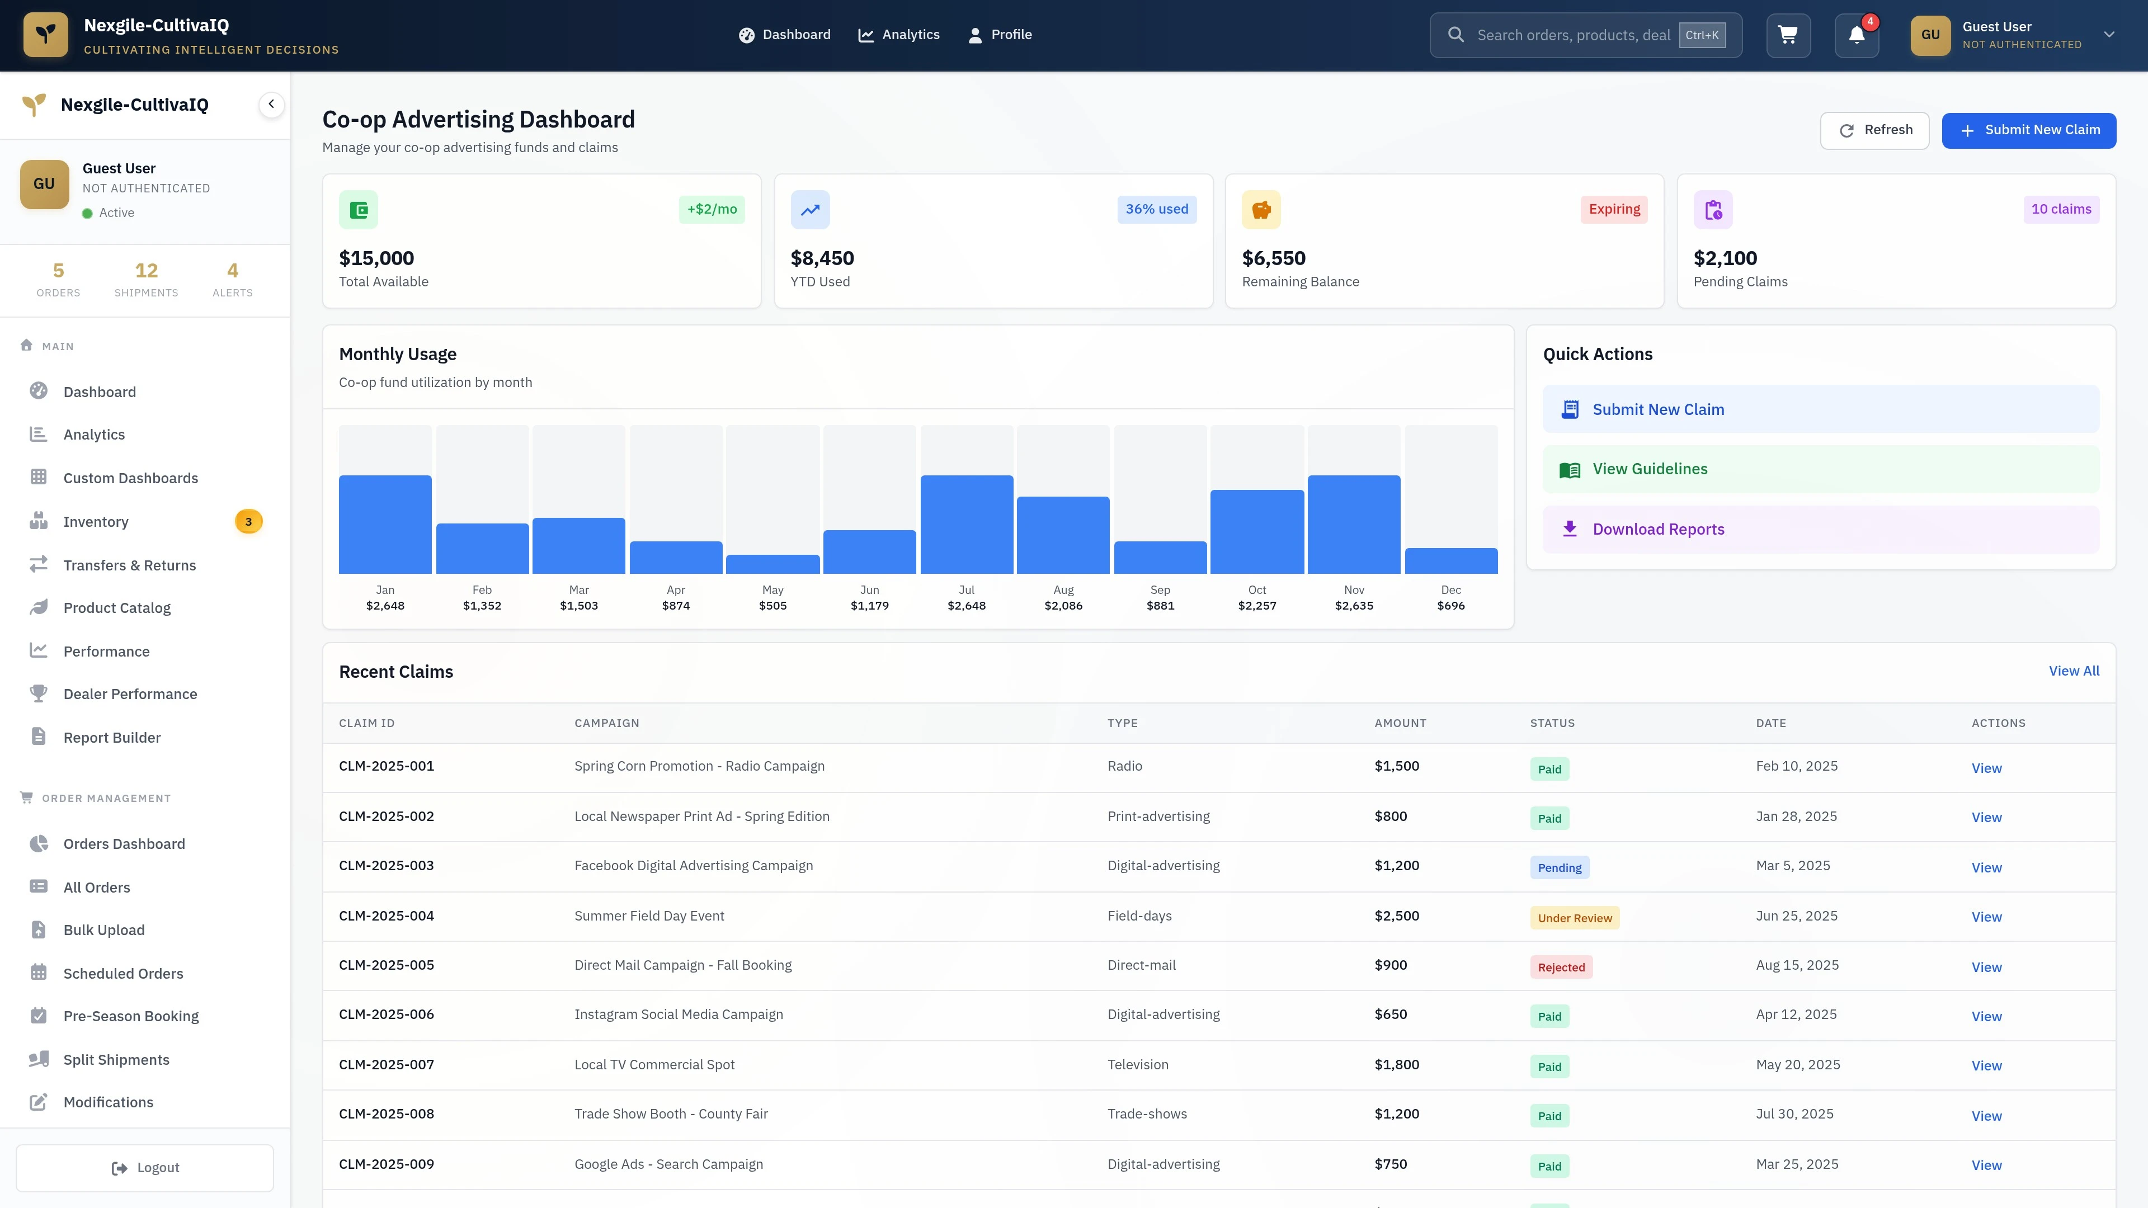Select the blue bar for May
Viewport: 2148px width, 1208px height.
tap(772, 564)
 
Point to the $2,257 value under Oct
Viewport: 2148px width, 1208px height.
tap(1256, 606)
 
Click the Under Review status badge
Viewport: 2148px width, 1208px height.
tap(1574, 918)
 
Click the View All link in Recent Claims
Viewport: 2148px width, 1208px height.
tap(2073, 671)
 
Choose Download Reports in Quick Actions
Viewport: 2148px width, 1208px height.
tap(1657, 530)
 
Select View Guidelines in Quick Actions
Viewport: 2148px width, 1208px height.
tap(1650, 469)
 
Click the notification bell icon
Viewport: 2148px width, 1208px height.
tap(1856, 35)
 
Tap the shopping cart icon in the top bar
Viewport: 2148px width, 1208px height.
tap(1788, 35)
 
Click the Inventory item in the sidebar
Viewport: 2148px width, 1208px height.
tap(96, 522)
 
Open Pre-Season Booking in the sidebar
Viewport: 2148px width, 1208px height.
tap(131, 1016)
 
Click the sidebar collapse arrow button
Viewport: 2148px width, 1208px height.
tap(271, 104)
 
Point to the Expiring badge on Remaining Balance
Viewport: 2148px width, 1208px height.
tap(1613, 209)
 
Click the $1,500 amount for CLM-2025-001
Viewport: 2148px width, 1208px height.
tap(1396, 766)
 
